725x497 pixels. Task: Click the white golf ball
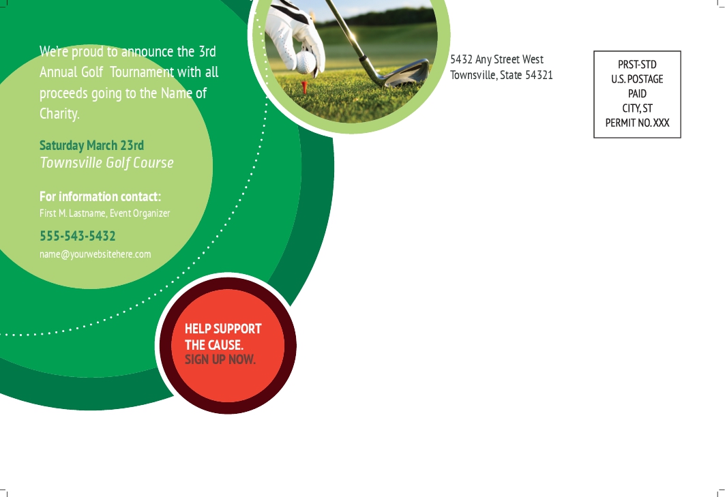coord(305,62)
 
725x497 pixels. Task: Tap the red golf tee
coord(304,87)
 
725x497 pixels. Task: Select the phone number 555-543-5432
coord(78,236)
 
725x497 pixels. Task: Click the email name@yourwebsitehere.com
coord(95,254)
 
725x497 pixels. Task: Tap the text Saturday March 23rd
coord(91,145)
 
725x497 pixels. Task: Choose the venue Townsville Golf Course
coord(107,163)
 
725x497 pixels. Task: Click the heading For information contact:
coord(100,196)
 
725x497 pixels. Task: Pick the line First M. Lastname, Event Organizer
coord(105,213)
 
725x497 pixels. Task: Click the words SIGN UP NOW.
coord(220,359)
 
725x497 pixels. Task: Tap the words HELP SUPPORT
coord(223,329)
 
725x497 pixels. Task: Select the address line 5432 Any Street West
coord(497,59)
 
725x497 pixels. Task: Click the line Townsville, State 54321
coord(502,75)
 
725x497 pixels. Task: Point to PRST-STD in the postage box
coord(637,64)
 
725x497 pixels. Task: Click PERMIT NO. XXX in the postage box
coord(637,123)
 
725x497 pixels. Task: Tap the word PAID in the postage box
coord(637,93)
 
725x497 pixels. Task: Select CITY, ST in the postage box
coord(637,108)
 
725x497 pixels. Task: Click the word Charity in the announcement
coord(59,114)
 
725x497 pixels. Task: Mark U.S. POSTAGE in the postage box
coord(637,79)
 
